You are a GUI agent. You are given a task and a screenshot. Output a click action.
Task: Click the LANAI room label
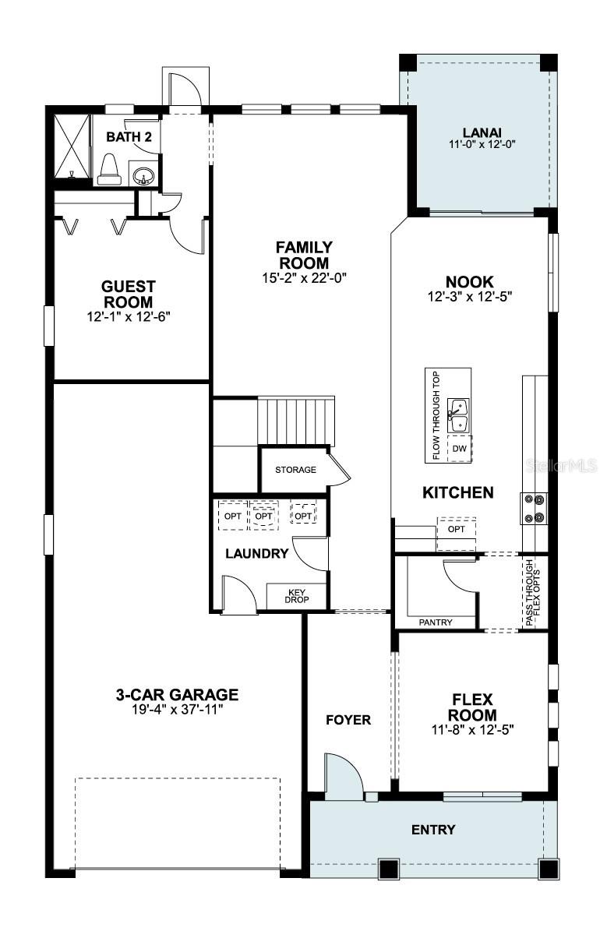pos(481,132)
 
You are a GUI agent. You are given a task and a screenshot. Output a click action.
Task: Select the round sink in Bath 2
pos(142,175)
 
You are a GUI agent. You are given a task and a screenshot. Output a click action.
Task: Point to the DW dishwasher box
pos(459,449)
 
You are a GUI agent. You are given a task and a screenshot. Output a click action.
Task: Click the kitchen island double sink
pos(460,415)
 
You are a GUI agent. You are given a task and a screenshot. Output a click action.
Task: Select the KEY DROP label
pos(295,596)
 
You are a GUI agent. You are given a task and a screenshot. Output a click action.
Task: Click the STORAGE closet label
pos(295,470)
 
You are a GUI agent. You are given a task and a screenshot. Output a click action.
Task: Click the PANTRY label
pos(436,622)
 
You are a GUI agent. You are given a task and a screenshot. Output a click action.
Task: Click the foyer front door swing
pos(343,774)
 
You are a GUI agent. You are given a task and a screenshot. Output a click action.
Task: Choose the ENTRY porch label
pos(433,830)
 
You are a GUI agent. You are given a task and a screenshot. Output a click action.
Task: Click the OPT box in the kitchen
pos(457,529)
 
